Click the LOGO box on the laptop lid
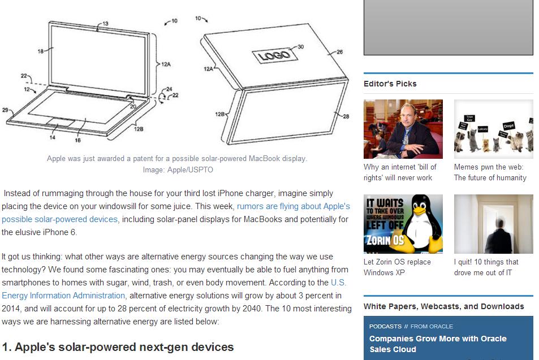275,55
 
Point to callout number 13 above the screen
105,23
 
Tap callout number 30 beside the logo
300,47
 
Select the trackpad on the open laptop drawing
61,122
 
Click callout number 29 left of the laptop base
5,110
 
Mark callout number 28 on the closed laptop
346,116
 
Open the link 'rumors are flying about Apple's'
293,206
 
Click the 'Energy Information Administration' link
63,296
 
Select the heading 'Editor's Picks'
390,84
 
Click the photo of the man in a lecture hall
403,129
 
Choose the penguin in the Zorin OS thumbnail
422,223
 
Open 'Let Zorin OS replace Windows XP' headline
397,267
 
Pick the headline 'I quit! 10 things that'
486,262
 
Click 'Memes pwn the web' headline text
489,167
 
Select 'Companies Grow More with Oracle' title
438,339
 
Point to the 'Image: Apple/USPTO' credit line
178,170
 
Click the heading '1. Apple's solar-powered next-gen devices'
118,347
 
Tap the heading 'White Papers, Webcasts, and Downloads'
444,306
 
